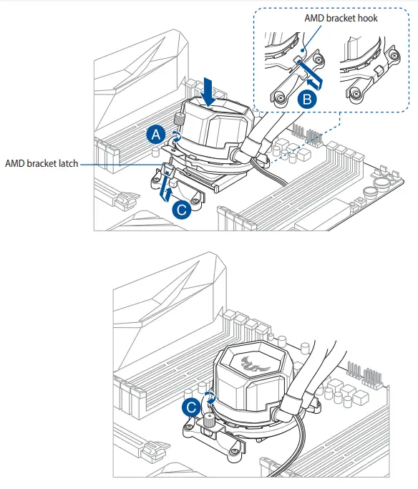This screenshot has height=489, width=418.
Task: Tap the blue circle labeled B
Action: (x=306, y=100)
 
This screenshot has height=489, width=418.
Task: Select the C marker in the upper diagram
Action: (x=181, y=210)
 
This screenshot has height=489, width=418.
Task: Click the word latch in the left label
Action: (x=66, y=164)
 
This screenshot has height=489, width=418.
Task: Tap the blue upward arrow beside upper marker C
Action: (x=166, y=190)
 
